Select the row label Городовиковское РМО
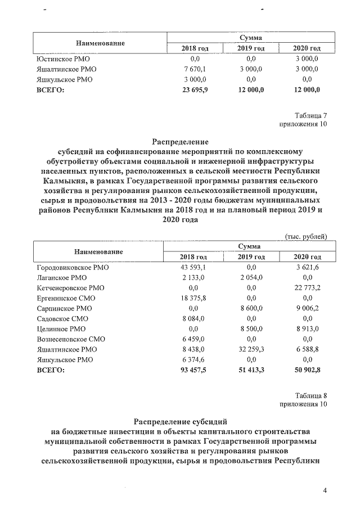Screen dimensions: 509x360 73,268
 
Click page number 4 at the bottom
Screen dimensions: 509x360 325,491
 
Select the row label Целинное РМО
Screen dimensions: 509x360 61,329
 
